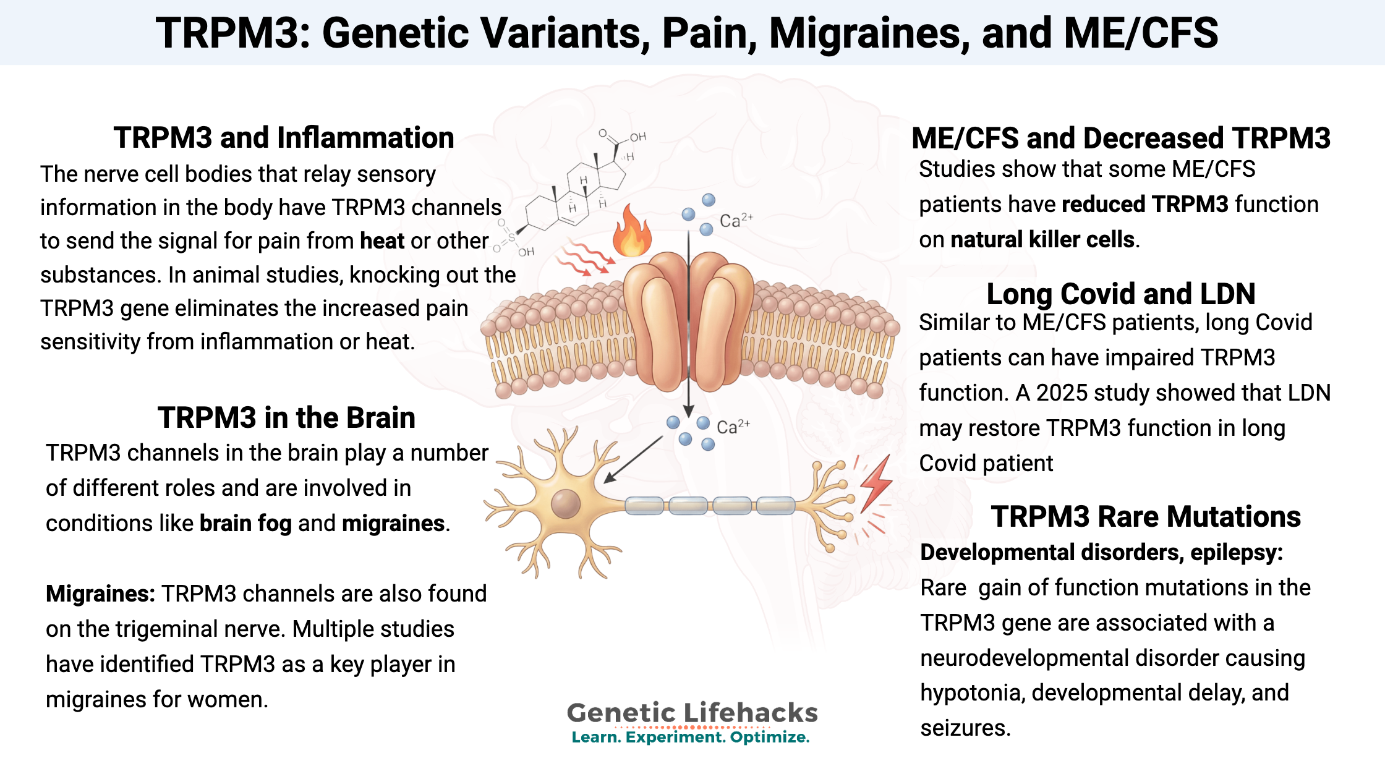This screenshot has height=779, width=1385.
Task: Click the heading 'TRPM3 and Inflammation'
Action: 284,138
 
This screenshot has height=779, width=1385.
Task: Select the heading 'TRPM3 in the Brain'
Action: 286,418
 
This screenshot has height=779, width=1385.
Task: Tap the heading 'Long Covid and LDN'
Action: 1120,294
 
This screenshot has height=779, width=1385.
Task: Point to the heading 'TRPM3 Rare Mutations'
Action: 1146,517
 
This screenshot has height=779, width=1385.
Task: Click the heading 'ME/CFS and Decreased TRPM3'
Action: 1120,138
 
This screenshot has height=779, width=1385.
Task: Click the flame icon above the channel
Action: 631,232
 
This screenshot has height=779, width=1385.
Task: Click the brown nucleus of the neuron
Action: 565,503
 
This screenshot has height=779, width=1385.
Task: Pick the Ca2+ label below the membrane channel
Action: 733,427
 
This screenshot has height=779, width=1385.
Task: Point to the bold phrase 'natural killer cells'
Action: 1042,240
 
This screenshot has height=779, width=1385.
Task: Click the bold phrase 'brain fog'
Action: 245,524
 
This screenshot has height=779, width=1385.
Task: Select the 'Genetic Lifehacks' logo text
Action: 692,713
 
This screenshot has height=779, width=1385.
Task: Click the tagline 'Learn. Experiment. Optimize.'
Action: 691,737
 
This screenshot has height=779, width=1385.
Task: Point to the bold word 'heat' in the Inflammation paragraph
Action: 382,241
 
